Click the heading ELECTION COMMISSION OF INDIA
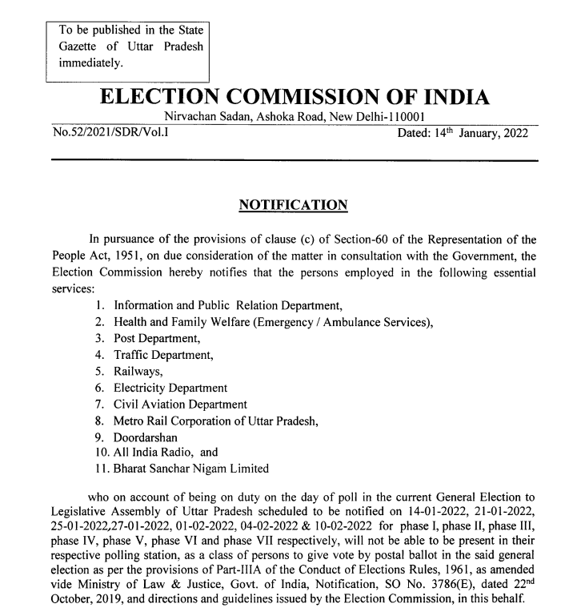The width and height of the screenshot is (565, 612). (293, 99)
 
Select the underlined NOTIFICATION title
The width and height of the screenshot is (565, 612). (294, 206)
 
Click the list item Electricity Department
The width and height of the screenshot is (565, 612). (170, 387)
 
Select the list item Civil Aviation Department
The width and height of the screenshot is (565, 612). (180, 404)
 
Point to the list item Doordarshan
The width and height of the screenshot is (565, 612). (148, 437)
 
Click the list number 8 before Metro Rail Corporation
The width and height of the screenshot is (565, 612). (98, 420)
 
